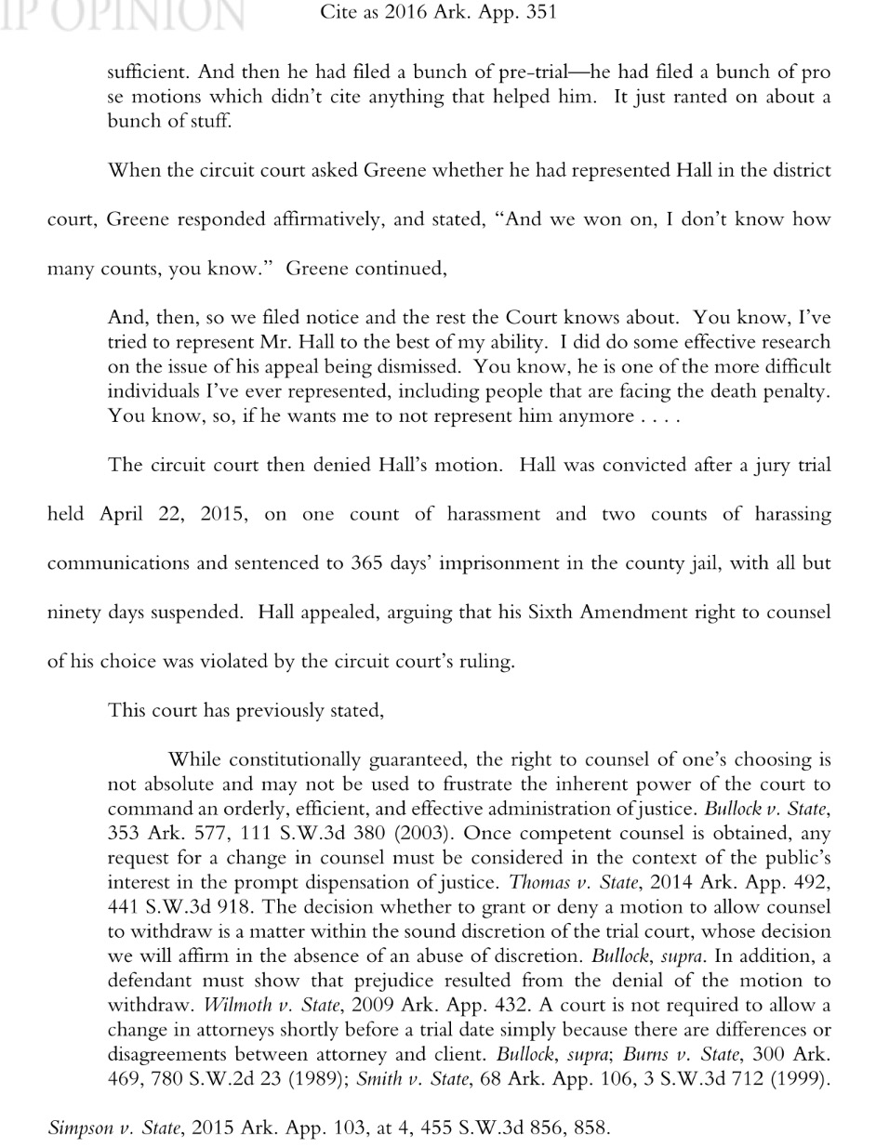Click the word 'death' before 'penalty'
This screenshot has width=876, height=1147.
(x=740, y=390)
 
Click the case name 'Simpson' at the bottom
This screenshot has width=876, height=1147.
(x=81, y=1128)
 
